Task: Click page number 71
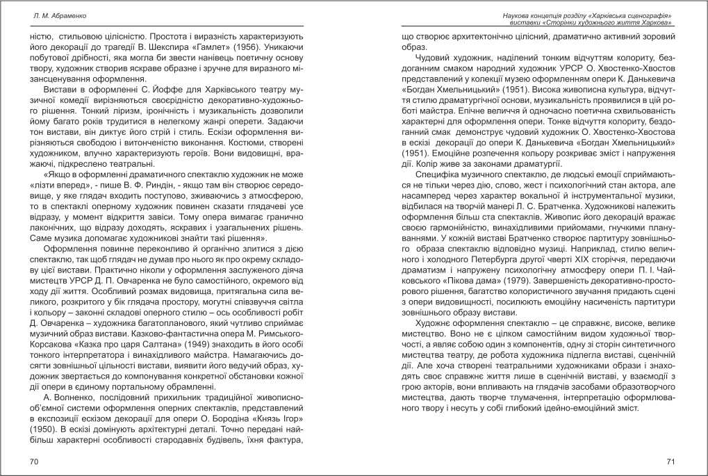tap(670, 461)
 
